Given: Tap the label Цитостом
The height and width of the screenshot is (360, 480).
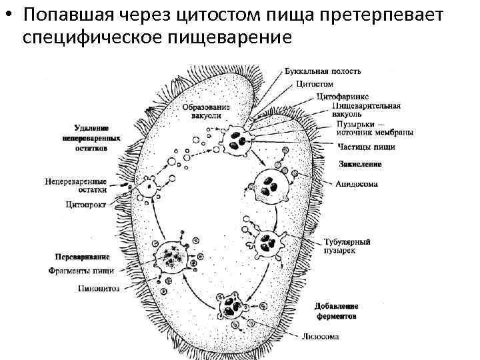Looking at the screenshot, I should [x=315, y=84].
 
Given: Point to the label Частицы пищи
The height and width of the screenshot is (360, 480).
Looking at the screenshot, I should [x=366, y=147].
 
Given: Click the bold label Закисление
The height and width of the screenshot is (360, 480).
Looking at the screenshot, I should [x=360, y=163].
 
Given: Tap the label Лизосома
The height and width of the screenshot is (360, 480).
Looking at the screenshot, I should [x=321, y=337].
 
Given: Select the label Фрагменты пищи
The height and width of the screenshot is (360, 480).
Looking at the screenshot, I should [x=81, y=271].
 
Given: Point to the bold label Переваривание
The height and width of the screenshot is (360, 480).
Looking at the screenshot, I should [x=82, y=257].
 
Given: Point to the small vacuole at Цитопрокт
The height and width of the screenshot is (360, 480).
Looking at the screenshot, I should [x=146, y=189].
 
